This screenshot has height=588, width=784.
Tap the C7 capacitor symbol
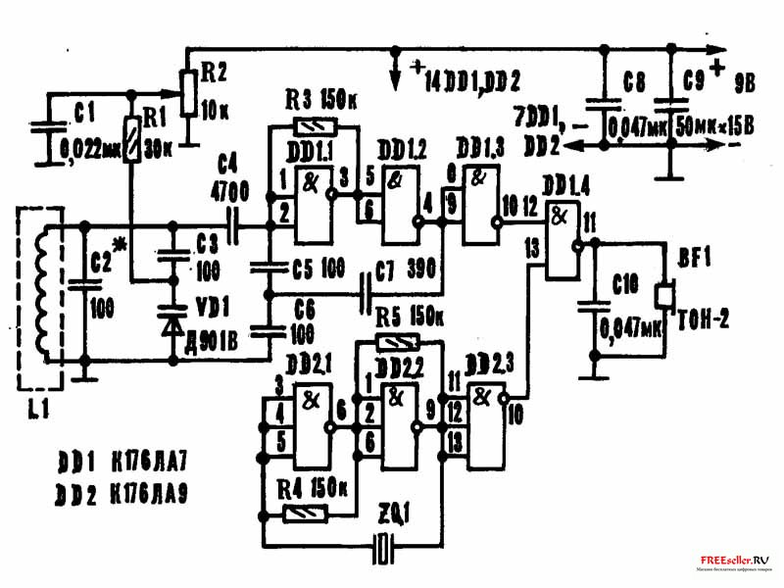click(x=365, y=291)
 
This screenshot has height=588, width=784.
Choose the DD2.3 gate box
click(x=482, y=422)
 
